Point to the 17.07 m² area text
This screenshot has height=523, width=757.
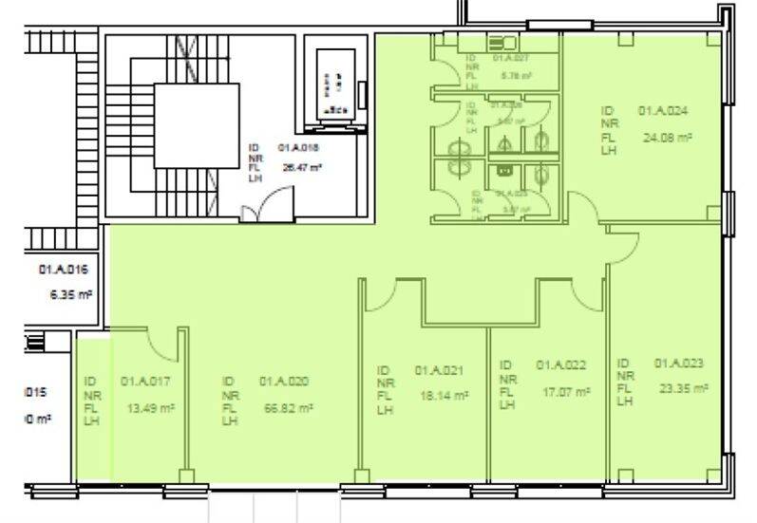click(x=566, y=391)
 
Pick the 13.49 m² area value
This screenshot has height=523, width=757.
click(x=151, y=409)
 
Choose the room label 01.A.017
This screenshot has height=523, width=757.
click(x=145, y=382)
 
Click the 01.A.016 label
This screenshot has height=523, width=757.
click(x=64, y=270)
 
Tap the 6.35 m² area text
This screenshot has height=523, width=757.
click(x=70, y=295)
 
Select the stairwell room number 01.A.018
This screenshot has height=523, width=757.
click(x=298, y=147)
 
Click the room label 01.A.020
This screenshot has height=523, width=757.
click(x=284, y=382)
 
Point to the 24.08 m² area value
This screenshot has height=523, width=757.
click(x=667, y=138)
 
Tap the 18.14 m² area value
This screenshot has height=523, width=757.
click(x=444, y=396)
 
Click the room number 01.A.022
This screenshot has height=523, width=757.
click(x=560, y=364)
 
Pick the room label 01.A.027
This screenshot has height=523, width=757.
click(x=509, y=59)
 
